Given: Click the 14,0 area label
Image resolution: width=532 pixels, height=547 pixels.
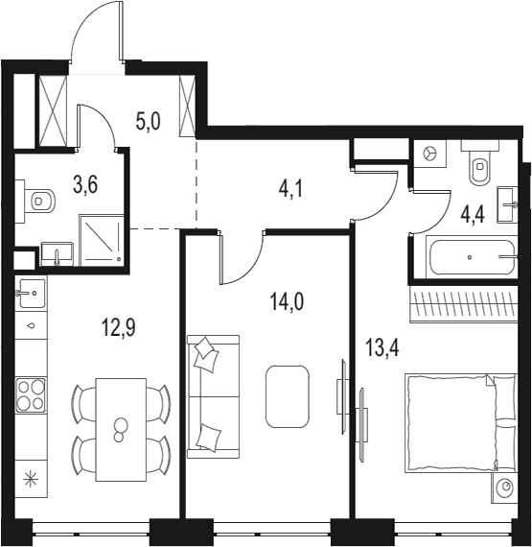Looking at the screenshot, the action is (x=287, y=301).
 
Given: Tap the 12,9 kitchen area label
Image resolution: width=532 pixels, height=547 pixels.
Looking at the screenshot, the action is (x=118, y=327).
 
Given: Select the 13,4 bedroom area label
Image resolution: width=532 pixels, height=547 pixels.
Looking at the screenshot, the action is (x=382, y=347).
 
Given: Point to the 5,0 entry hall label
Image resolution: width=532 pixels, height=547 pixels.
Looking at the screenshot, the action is (x=148, y=122).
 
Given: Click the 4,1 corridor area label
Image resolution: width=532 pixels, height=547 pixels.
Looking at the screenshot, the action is (x=290, y=190).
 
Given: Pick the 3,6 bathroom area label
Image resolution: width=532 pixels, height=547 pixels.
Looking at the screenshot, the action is (x=85, y=184).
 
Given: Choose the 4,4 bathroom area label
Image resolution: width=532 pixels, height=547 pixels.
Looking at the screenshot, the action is (x=473, y=216).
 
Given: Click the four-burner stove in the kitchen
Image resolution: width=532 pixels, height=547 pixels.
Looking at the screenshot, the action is (x=31, y=395).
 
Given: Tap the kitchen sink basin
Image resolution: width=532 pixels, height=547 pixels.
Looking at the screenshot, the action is (x=33, y=293).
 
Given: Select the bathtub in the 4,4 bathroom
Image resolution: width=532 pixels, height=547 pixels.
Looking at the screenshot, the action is (x=473, y=257).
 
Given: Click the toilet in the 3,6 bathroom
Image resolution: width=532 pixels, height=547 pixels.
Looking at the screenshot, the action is (x=39, y=202).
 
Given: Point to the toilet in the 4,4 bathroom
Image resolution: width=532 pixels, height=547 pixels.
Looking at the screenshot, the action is (x=480, y=162).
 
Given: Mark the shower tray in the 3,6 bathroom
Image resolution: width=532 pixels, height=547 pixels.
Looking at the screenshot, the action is (x=102, y=240).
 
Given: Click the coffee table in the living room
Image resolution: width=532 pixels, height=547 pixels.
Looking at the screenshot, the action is (x=288, y=396).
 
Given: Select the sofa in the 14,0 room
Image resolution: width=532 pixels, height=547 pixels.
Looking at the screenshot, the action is (x=214, y=396).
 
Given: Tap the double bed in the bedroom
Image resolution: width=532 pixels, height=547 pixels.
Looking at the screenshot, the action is (x=460, y=423).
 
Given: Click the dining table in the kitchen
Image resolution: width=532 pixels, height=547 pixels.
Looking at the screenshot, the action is (x=121, y=430).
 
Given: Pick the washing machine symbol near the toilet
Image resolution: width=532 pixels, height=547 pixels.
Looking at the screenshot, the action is (x=430, y=154).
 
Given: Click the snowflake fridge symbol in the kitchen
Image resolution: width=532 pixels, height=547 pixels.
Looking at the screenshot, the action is (x=31, y=478).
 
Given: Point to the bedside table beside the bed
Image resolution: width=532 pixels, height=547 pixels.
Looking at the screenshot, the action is (x=504, y=488).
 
